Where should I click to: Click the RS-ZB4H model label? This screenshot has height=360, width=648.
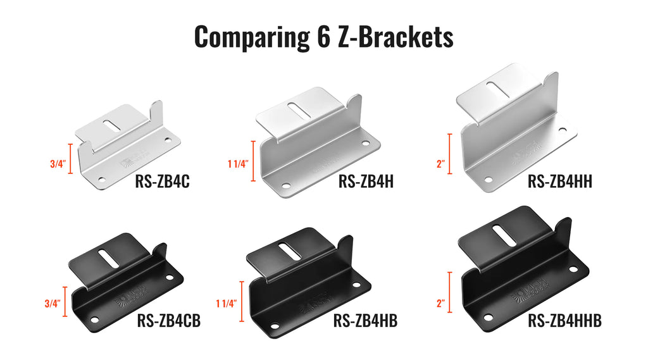coord(366,182)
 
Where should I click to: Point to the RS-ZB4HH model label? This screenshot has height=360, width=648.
coord(560,182)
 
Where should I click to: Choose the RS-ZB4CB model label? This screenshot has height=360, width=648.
coord(168,321)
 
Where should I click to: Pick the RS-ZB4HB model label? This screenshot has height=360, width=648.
coord(365,321)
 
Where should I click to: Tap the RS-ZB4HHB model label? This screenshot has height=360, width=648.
coord(564,321)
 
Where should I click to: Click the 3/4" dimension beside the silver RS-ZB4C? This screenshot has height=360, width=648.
coord(57,163)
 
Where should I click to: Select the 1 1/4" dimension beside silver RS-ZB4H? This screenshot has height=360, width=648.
coord(237,163)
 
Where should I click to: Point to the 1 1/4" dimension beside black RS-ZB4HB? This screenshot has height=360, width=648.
coord(225,303)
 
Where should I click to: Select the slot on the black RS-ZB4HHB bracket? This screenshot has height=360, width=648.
coord(504,235)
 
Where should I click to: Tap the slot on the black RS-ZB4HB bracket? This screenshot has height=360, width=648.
coord(290,251)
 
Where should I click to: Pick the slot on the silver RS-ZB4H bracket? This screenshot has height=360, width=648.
coord(299,109)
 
